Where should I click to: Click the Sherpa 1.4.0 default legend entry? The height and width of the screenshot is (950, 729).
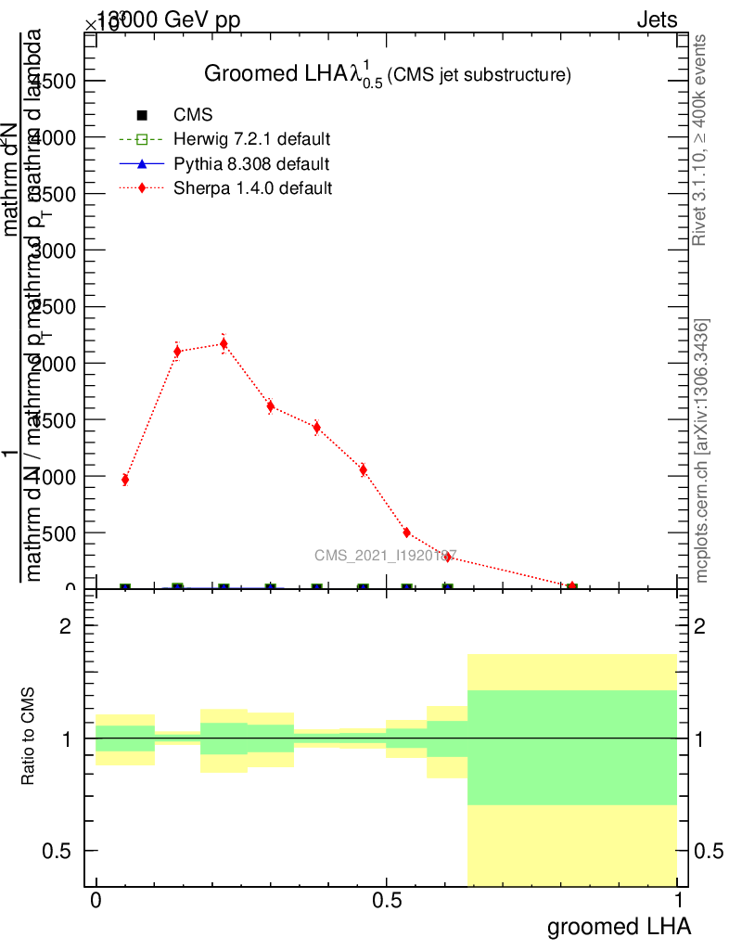point(253,188)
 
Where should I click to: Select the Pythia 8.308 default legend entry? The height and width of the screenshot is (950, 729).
point(251,164)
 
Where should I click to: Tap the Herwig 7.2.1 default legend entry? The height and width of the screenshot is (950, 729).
point(251,140)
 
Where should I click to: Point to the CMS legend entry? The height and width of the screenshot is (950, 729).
point(193,115)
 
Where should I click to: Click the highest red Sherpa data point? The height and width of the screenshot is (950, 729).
point(224,344)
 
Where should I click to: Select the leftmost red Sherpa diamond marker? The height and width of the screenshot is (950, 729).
point(124,480)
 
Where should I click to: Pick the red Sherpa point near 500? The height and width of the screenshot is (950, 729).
point(406,533)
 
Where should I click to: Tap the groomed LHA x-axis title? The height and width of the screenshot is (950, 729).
point(619,927)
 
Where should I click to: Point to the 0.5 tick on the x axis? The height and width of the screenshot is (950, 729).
point(387,901)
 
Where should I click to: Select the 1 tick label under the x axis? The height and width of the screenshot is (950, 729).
point(678,901)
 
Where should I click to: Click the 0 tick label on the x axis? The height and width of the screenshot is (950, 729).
point(96,901)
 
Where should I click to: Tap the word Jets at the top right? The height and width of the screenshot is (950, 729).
point(657,20)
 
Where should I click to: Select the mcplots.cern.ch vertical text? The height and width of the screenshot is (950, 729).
point(703,452)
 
